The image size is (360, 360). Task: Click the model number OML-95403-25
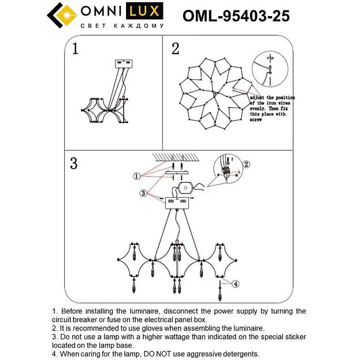click(236, 16)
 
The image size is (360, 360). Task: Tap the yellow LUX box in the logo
click(144, 11)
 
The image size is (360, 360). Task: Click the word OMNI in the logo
click(101, 11)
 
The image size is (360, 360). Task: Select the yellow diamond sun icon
click(66, 15)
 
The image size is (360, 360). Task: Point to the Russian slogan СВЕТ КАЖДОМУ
click(123, 25)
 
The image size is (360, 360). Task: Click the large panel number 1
click(75, 49)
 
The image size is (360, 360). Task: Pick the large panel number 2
click(176, 49)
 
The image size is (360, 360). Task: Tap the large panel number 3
click(74, 163)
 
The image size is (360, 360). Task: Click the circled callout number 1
click(136, 176)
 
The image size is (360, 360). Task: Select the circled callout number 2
click(246, 164)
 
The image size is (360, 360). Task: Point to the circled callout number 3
click(143, 193)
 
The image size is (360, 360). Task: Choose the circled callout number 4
click(236, 284)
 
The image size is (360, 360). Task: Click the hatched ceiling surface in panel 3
click(176, 158)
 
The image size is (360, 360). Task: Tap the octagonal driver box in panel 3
click(185, 188)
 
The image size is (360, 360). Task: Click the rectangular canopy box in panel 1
click(124, 64)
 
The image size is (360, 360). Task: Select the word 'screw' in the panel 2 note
click(256, 120)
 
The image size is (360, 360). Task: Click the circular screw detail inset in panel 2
click(270, 69)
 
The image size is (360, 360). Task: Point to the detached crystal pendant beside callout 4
click(220, 291)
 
